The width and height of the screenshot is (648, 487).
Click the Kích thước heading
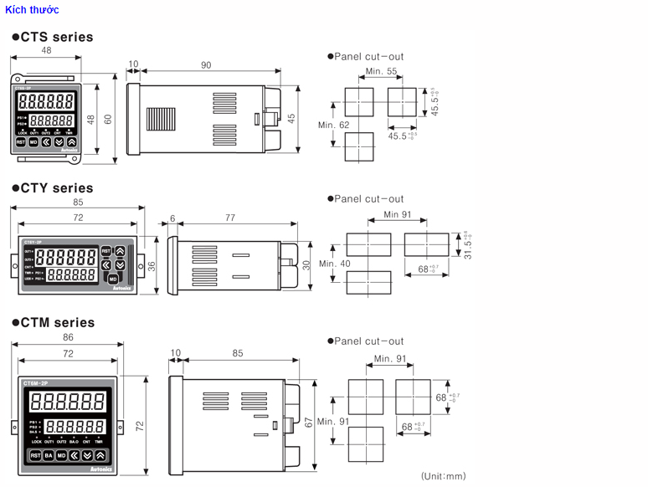[32, 9]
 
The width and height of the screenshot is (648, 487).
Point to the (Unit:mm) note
[444, 476]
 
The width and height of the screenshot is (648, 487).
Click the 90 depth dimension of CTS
[206, 65]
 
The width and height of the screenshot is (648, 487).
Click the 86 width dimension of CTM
[68, 336]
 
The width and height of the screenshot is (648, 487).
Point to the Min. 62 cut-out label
[333, 126]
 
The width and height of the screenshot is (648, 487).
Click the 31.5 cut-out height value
[469, 244]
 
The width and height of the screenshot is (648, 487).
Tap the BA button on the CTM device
[49, 455]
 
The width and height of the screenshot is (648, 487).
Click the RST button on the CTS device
[21, 142]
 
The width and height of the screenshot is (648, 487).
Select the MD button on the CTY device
[112, 278]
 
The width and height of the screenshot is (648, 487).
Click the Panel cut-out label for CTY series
[368, 198]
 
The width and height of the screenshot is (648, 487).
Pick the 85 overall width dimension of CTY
[78, 202]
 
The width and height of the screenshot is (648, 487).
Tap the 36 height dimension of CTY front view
[152, 265]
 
